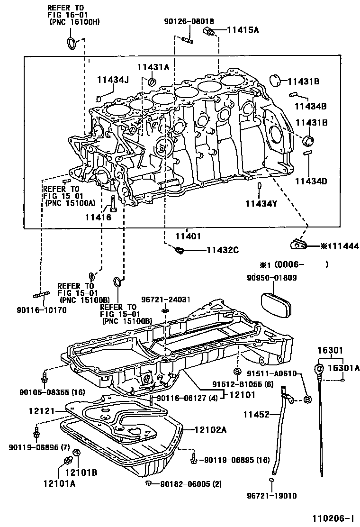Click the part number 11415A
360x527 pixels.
click(243, 30)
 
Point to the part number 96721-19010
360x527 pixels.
click(271, 496)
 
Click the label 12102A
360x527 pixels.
click(210, 430)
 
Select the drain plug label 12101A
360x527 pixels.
click(59, 483)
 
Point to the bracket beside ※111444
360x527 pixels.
click(297, 244)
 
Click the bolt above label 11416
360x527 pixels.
click(113, 202)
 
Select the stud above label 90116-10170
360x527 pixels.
click(42, 295)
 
